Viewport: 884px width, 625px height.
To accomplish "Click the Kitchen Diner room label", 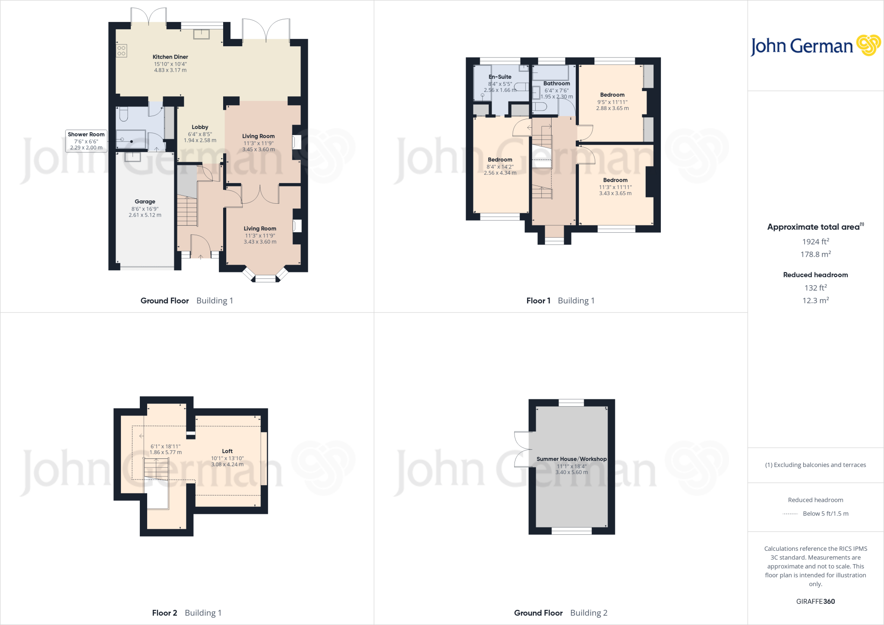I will pyautogui.click(x=170, y=57).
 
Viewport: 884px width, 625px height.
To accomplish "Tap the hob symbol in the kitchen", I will pyautogui.click(x=121, y=51).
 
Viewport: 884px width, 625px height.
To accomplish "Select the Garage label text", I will pyautogui.click(x=145, y=202).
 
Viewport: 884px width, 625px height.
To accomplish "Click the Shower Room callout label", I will pyautogui.click(x=86, y=135).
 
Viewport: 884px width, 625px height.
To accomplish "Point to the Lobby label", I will pyautogui.click(x=200, y=127).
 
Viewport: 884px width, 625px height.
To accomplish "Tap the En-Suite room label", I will pyautogui.click(x=500, y=77).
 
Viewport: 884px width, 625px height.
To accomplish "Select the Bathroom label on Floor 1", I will pyautogui.click(x=556, y=84).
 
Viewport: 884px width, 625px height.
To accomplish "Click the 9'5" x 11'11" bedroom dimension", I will pyautogui.click(x=612, y=102).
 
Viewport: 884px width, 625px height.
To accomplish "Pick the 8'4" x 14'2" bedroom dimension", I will pyautogui.click(x=500, y=167).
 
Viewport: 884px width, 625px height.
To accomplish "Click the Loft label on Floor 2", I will pyautogui.click(x=227, y=451).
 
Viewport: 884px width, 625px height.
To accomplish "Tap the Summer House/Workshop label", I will pyautogui.click(x=571, y=459).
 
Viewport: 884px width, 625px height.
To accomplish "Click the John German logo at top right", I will pyautogui.click(x=815, y=46).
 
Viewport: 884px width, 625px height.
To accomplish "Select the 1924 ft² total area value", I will pyautogui.click(x=815, y=242).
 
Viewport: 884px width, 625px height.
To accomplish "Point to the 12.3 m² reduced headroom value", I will pyautogui.click(x=815, y=300).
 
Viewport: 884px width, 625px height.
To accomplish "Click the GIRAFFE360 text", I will pyautogui.click(x=815, y=601).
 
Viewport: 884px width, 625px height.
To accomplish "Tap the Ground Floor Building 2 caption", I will pyautogui.click(x=560, y=613).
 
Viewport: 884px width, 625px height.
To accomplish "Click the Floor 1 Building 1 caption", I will pyautogui.click(x=560, y=301).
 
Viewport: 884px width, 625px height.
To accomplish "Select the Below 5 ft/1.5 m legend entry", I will pyautogui.click(x=825, y=514).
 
